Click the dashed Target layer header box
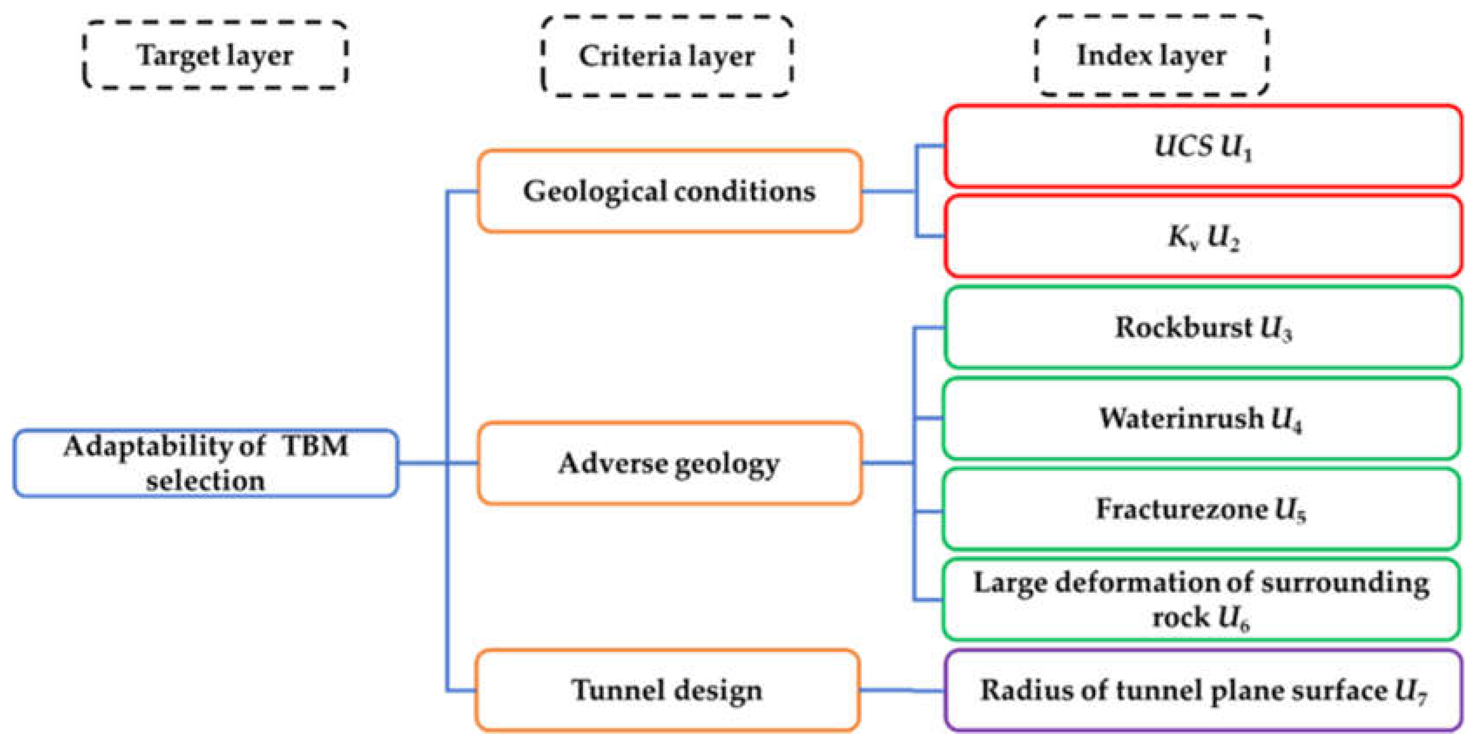coord(215,55)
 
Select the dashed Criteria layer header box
coord(666,56)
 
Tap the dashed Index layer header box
coord(1151,55)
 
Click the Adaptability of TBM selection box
coord(206,463)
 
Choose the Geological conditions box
coord(669,191)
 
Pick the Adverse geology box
coord(669,463)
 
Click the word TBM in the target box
coord(315,445)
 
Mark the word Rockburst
coord(1183,327)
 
